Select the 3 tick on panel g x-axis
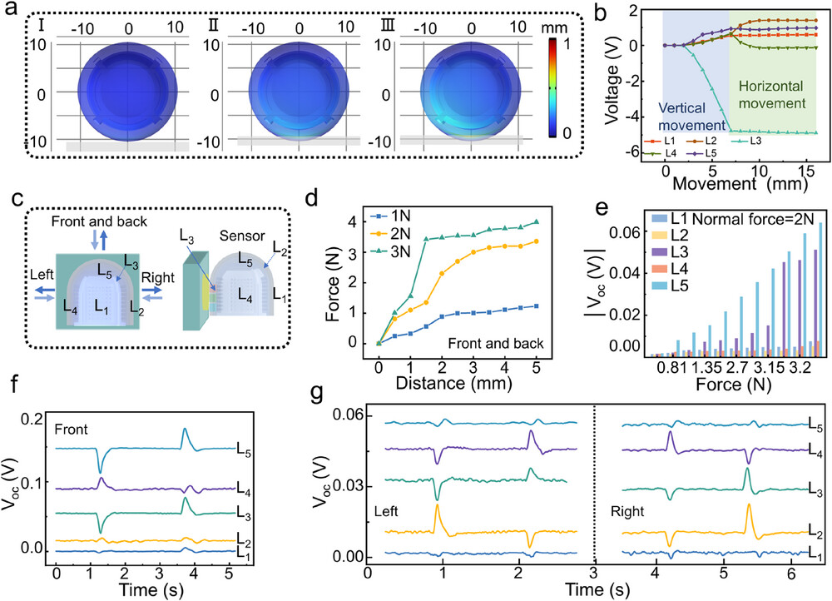(594, 574)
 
